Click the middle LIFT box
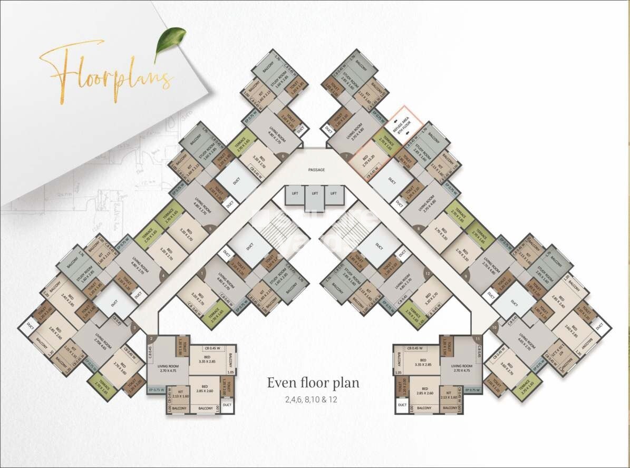(x=315, y=194)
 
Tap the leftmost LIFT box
(x=294, y=194)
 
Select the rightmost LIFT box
(x=334, y=194)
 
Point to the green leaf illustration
(x=170, y=43)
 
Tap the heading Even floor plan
(x=313, y=383)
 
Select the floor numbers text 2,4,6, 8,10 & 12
(x=313, y=399)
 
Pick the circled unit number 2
(x=151, y=338)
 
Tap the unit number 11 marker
(x=477, y=338)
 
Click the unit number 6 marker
(x=283, y=156)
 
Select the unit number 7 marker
(x=346, y=156)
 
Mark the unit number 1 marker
(x=202, y=274)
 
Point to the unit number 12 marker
(x=428, y=274)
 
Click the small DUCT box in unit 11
(x=402, y=405)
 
